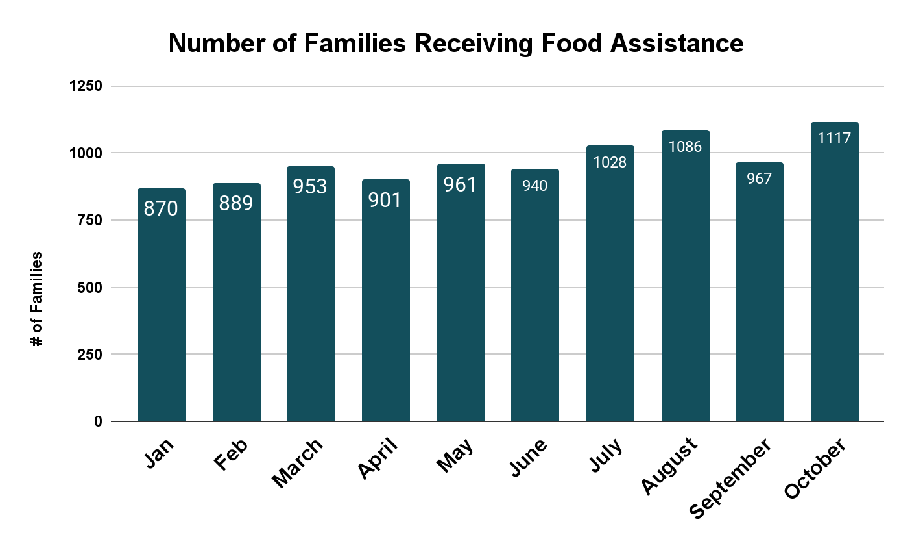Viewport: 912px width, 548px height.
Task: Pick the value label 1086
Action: pos(685,147)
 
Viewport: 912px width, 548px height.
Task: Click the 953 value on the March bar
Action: pos(310,186)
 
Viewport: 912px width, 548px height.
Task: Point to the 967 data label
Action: pos(759,178)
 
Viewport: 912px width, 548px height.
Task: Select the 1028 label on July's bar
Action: pos(610,162)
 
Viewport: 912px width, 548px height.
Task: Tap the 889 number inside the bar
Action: pos(236,203)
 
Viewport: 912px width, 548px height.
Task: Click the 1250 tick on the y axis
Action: pos(86,86)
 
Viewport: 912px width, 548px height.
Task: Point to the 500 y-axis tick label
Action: pos(90,288)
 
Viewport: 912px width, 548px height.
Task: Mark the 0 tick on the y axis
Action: pos(98,421)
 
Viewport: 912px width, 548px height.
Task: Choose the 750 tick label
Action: pos(90,220)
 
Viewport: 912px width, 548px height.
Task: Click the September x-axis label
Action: pos(730,478)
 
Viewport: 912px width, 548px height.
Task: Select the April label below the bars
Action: pos(377,458)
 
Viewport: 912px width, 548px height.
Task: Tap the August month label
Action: pos(669,466)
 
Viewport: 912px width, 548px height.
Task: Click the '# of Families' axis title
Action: pos(37,299)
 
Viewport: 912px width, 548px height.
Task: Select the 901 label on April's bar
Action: pos(385,200)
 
